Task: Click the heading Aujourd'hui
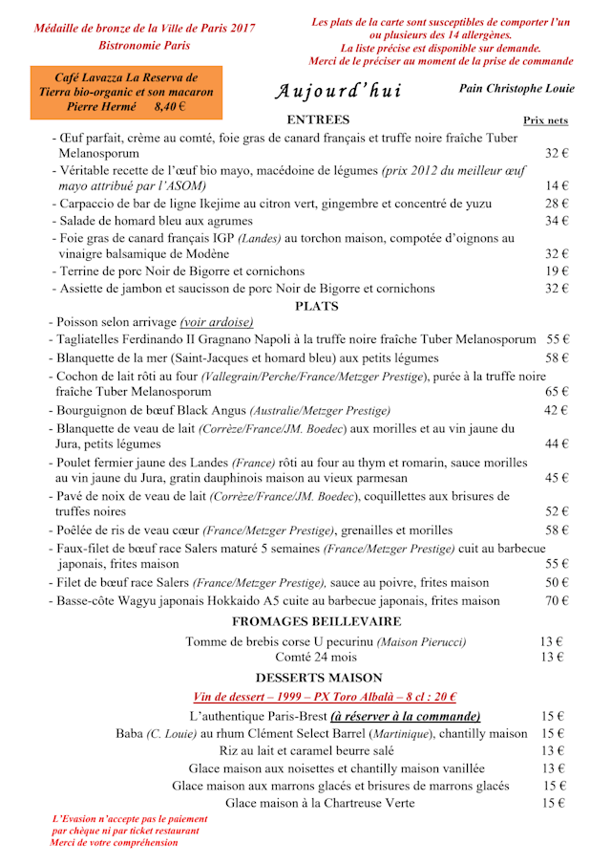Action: [x=339, y=92]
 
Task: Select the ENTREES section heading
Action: [x=318, y=120]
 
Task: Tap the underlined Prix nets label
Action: [x=545, y=120]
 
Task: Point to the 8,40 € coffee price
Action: [x=170, y=107]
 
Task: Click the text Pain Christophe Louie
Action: [x=516, y=89]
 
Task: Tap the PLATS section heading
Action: [x=317, y=307]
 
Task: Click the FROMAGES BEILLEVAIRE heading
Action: [x=317, y=622]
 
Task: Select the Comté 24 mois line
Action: [x=316, y=658]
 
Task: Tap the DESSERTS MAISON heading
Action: [x=318, y=678]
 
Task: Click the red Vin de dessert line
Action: [x=324, y=698]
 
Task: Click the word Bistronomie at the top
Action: [x=127, y=45]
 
